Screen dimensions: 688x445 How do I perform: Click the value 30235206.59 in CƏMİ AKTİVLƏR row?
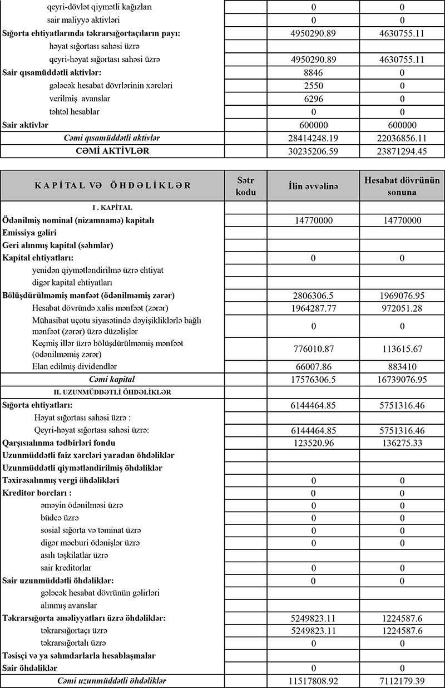pyautogui.click(x=313, y=151)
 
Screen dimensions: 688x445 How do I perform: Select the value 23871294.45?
pyautogui.click(x=402, y=151)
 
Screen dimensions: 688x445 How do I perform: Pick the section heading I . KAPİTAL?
pyautogui.click(x=112, y=208)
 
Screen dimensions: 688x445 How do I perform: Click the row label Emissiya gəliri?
pyautogui.click(x=29, y=233)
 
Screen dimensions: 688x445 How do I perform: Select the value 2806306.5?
pyautogui.click(x=313, y=296)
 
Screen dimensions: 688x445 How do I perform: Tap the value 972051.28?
pyautogui.click(x=402, y=308)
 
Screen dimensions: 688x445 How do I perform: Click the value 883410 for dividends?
pyautogui.click(x=402, y=366)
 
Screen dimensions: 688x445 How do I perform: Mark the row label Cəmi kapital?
pyautogui.click(x=112, y=379)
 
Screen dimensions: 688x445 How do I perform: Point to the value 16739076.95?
pyautogui.click(x=402, y=379)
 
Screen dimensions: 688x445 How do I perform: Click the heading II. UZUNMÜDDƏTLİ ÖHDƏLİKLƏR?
pyautogui.click(x=112, y=392)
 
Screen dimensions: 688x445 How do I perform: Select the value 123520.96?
pyautogui.click(x=313, y=443)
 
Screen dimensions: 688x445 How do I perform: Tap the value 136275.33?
pyautogui.click(x=402, y=443)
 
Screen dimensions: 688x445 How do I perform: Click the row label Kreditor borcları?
pyautogui.click(x=37, y=493)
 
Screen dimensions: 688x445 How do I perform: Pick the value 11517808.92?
pyautogui.click(x=313, y=681)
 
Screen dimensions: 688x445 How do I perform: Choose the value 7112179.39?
pyautogui.click(x=402, y=681)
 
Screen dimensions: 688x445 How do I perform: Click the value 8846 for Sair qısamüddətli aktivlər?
pyautogui.click(x=313, y=72)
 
